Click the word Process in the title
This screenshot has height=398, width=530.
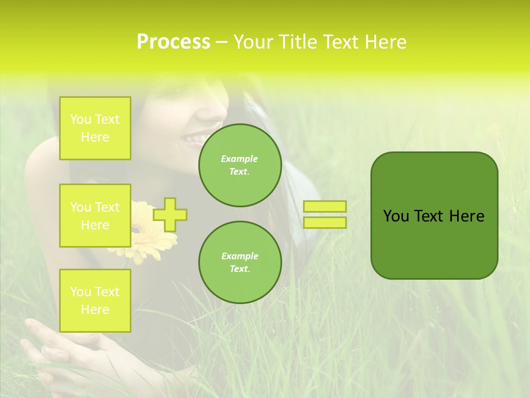click(173, 42)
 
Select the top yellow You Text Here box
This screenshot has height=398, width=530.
click(95, 128)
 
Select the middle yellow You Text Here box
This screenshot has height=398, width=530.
click(95, 216)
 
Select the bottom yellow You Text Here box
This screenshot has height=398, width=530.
click(95, 301)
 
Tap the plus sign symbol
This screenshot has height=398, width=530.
click(170, 214)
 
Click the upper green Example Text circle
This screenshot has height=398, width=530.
click(240, 165)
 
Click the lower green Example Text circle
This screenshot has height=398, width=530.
click(240, 263)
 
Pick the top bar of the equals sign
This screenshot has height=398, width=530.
click(325, 207)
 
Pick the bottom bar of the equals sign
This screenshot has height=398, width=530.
click(325, 223)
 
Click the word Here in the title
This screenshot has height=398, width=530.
click(386, 42)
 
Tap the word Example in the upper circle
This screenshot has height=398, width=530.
click(240, 159)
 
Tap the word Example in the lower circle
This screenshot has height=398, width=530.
click(240, 256)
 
